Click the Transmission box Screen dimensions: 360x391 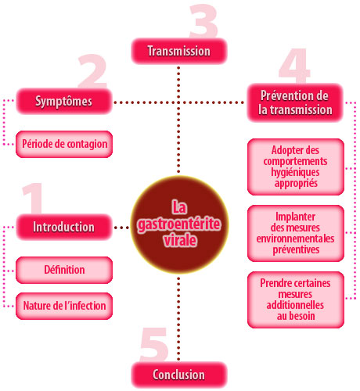[x=179, y=51]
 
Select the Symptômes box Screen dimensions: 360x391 [x=64, y=102]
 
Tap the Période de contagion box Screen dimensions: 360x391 [x=64, y=144]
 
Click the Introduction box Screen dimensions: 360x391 [x=64, y=227]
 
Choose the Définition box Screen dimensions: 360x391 [x=64, y=270]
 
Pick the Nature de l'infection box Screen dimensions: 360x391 [x=64, y=306]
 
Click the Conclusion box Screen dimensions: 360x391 [x=179, y=375]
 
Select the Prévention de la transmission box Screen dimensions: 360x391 [x=295, y=102]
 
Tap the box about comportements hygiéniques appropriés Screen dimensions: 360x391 [x=296, y=167]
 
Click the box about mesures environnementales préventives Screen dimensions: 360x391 [x=296, y=233]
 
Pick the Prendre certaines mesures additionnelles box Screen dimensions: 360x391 [x=296, y=300]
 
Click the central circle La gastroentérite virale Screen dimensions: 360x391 [x=179, y=224]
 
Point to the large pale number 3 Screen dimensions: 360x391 [x=203, y=21]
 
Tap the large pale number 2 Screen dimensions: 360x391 [x=92, y=71]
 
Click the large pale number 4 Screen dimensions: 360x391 [x=294, y=66]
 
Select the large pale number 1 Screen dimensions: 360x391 [x=34, y=198]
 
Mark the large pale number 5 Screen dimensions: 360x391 [x=154, y=345]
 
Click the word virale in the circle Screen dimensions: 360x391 [x=180, y=240]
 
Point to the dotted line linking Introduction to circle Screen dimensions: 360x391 [x=121, y=228]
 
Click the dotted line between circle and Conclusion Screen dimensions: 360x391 [x=178, y=318]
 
